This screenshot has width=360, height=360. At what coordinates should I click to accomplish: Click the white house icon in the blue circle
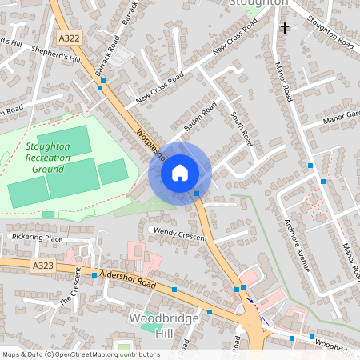180,172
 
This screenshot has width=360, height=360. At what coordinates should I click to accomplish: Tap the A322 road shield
69,36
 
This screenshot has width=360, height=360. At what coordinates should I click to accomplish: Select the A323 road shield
43,264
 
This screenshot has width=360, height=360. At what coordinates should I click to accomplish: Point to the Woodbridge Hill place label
151,325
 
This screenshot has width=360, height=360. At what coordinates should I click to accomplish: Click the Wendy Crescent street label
180,234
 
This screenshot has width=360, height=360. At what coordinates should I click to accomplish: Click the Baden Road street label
200,117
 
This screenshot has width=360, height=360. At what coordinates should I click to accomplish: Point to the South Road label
242,129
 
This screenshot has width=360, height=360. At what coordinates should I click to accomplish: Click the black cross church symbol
284,28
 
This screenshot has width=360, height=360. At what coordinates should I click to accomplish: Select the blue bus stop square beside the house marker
197,193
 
